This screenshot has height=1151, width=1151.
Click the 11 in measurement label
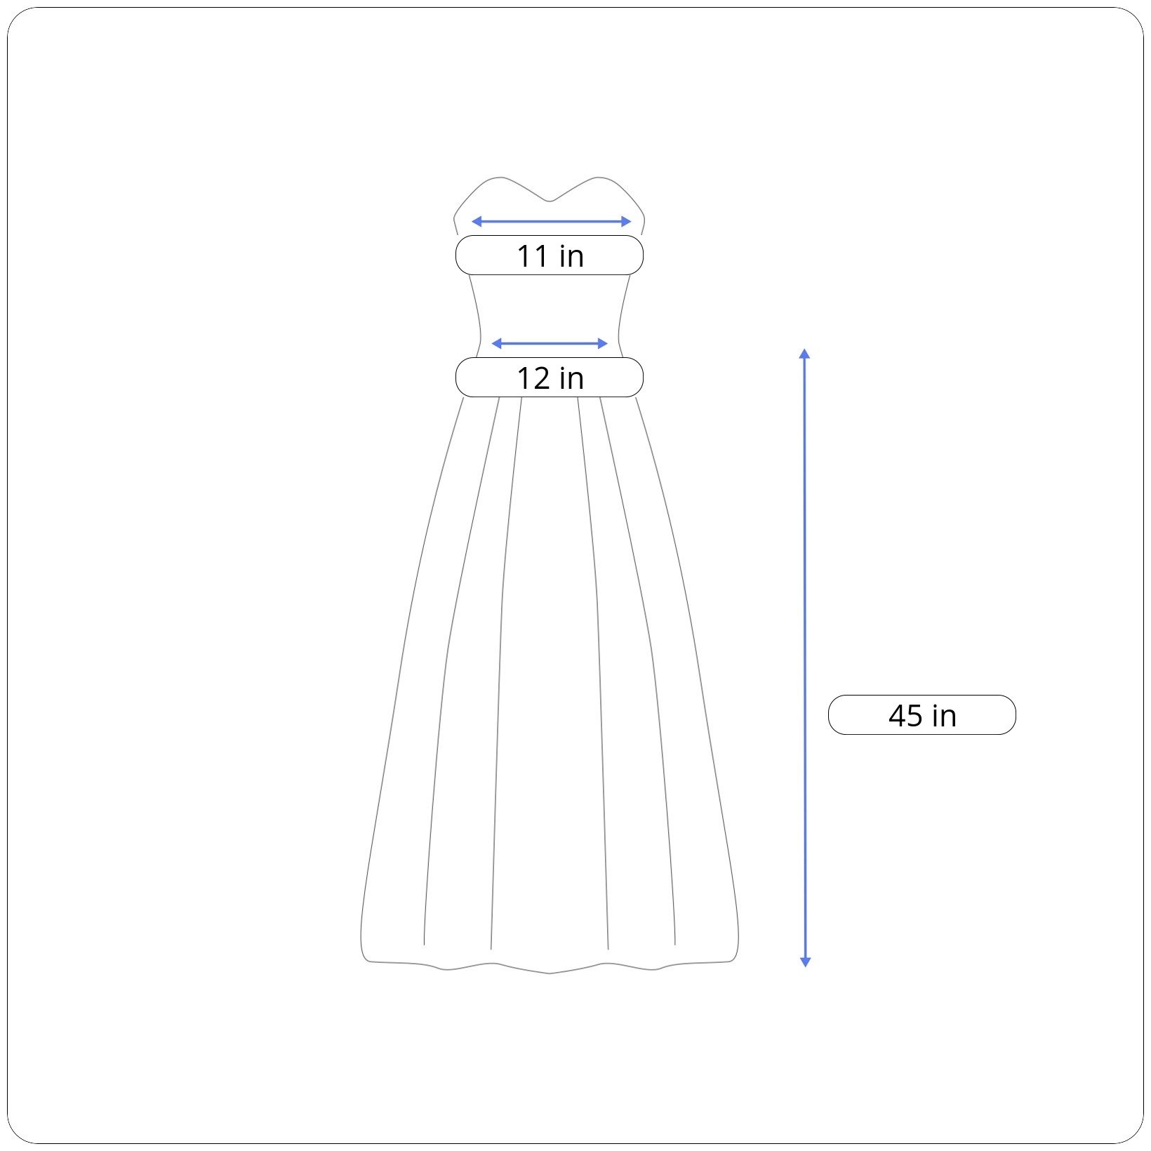click(550, 255)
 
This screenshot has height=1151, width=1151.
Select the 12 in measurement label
click(550, 378)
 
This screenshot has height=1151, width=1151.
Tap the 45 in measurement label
click(922, 715)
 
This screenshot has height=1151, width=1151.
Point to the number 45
click(905, 716)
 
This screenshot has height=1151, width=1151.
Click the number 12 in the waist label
click(533, 378)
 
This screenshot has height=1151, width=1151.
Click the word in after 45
click(944, 716)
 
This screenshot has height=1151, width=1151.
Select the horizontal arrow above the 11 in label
click(551, 222)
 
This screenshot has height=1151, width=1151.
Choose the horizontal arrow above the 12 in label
click(550, 343)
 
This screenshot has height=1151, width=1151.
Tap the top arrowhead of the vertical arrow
click(805, 353)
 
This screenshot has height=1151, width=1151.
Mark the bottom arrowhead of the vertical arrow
click(805, 962)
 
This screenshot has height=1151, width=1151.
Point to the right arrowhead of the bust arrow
click(627, 222)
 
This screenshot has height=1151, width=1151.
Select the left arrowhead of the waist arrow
click(495, 343)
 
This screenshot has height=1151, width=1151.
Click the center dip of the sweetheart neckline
click(550, 201)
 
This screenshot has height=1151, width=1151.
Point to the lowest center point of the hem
click(550, 973)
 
